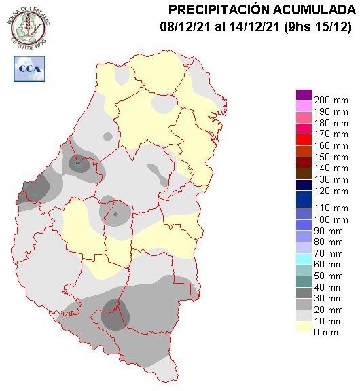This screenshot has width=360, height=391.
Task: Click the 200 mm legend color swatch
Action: pos(304,94)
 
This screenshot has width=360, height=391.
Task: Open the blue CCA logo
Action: pos(28,69)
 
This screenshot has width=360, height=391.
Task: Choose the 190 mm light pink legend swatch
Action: pos(304,106)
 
